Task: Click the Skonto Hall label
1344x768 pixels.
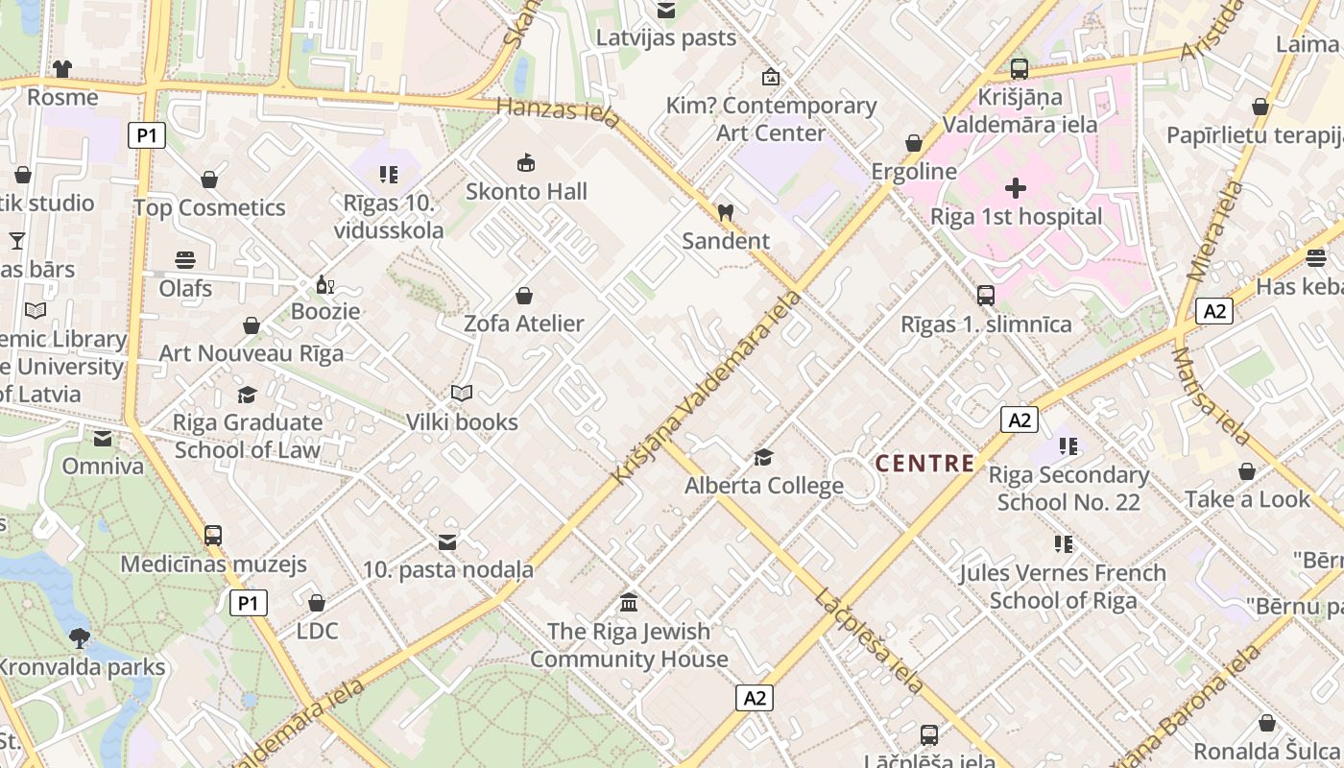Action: click(526, 191)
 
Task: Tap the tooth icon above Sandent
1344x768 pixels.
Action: click(725, 212)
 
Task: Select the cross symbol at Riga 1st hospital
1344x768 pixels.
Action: click(1016, 187)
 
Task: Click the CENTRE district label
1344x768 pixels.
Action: click(924, 464)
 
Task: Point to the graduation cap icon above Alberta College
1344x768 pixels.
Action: click(763, 457)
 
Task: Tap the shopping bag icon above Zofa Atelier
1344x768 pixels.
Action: click(524, 295)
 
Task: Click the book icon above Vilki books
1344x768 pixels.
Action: click(462, 393)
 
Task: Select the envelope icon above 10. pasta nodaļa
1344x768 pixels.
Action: click(447, 542)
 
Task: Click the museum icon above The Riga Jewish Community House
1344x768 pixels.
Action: click(629, 603)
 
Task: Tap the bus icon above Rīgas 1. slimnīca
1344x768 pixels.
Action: click(985, 295)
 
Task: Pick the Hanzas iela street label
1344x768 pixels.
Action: click(559, 108)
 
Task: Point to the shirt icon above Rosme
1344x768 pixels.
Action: click(62, 68)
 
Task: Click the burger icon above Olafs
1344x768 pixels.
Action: click(185, 259)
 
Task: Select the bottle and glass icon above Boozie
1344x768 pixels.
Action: click(325, 284)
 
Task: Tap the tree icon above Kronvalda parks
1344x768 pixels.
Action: click(80, 636)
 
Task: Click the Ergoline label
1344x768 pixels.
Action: click(914, 171)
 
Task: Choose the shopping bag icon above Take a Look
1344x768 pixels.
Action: click(1246, 471)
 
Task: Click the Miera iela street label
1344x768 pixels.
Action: click(1209, 230)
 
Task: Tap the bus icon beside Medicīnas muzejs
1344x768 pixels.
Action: click(213, 535)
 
